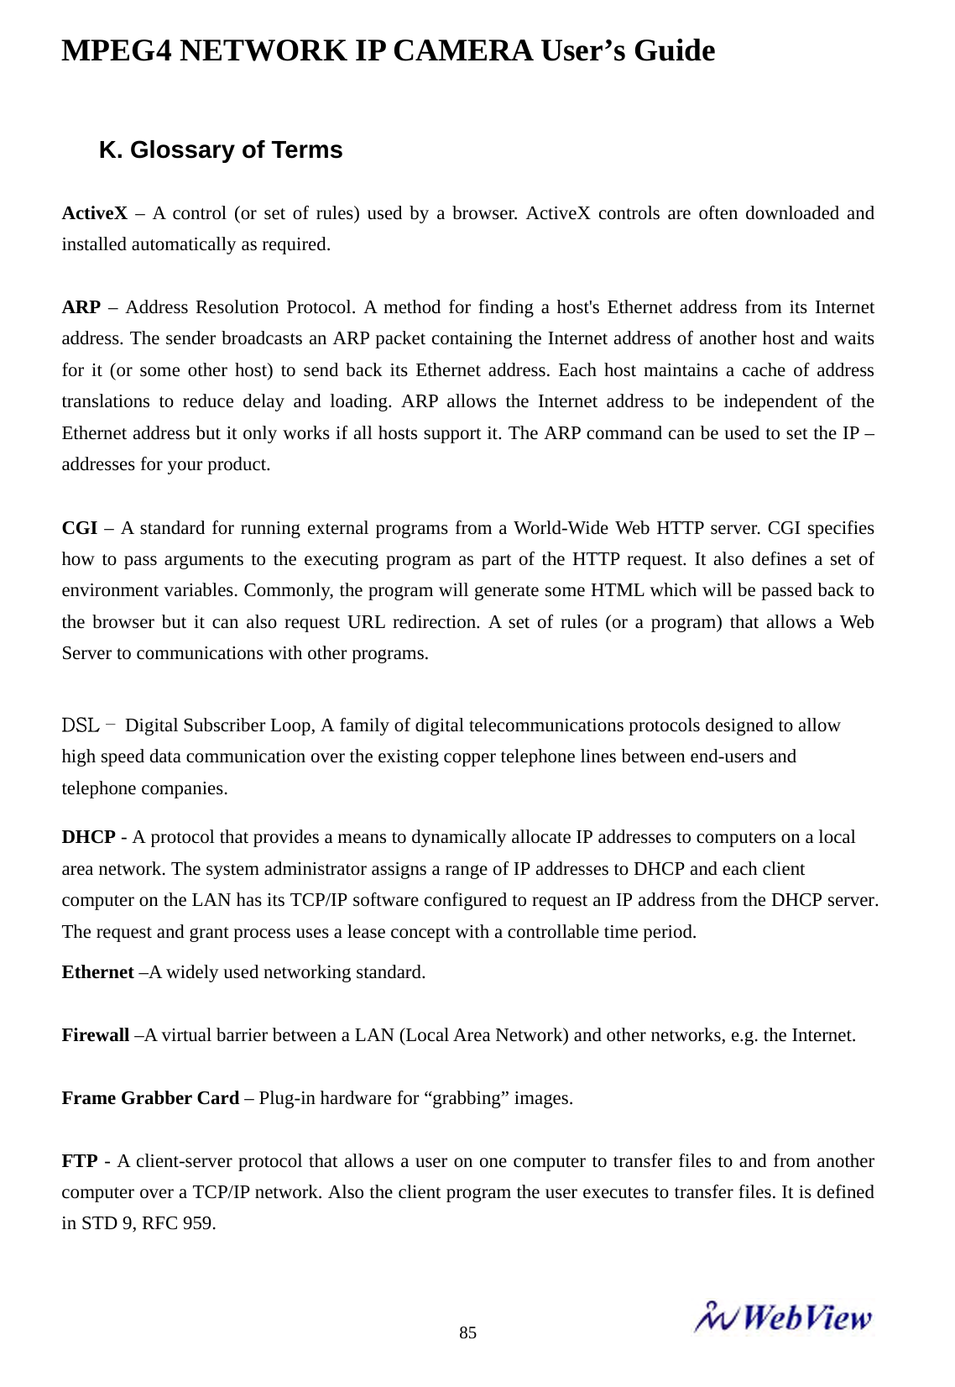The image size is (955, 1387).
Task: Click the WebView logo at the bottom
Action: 782,1317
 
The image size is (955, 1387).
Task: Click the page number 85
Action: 467,1332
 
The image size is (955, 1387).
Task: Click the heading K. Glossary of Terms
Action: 221,150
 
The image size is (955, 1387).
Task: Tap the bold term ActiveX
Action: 94,213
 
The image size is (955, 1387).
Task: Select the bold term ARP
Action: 81,307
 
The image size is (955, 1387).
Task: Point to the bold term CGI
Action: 79,528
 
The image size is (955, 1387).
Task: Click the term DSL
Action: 81,725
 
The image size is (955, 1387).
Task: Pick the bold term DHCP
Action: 88,837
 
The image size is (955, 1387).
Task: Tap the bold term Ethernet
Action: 97,972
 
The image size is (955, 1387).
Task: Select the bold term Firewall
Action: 95,1035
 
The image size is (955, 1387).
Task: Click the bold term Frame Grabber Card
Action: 150,1098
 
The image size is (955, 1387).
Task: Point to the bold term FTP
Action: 79,1161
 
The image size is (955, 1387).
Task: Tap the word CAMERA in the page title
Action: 462,51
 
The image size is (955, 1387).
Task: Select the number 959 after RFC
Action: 199,1223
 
